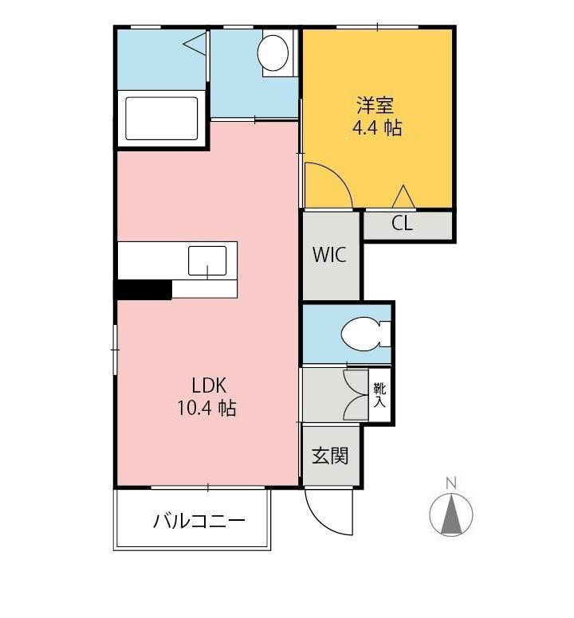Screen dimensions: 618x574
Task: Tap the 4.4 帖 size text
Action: [x=377, y=128]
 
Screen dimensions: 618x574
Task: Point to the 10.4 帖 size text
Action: [x=206, y=409]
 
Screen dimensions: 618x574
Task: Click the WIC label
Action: [x=329, y=256]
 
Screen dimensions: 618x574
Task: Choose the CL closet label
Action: [x=403, y=224]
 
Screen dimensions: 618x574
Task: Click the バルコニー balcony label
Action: [x=199, y=522]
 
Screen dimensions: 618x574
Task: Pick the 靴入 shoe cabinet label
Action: [x=379, y=396]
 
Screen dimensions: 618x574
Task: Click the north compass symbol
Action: [x=451, y=514]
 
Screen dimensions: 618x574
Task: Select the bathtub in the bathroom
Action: [x=158, y=119]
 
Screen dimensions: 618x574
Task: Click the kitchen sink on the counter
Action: [x=207, y=260]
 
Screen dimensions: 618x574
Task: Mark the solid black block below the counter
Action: [x=144, y=290]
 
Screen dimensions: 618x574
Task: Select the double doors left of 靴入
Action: [x=353, y=395]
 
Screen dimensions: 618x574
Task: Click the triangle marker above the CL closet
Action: [x=403, y=196]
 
